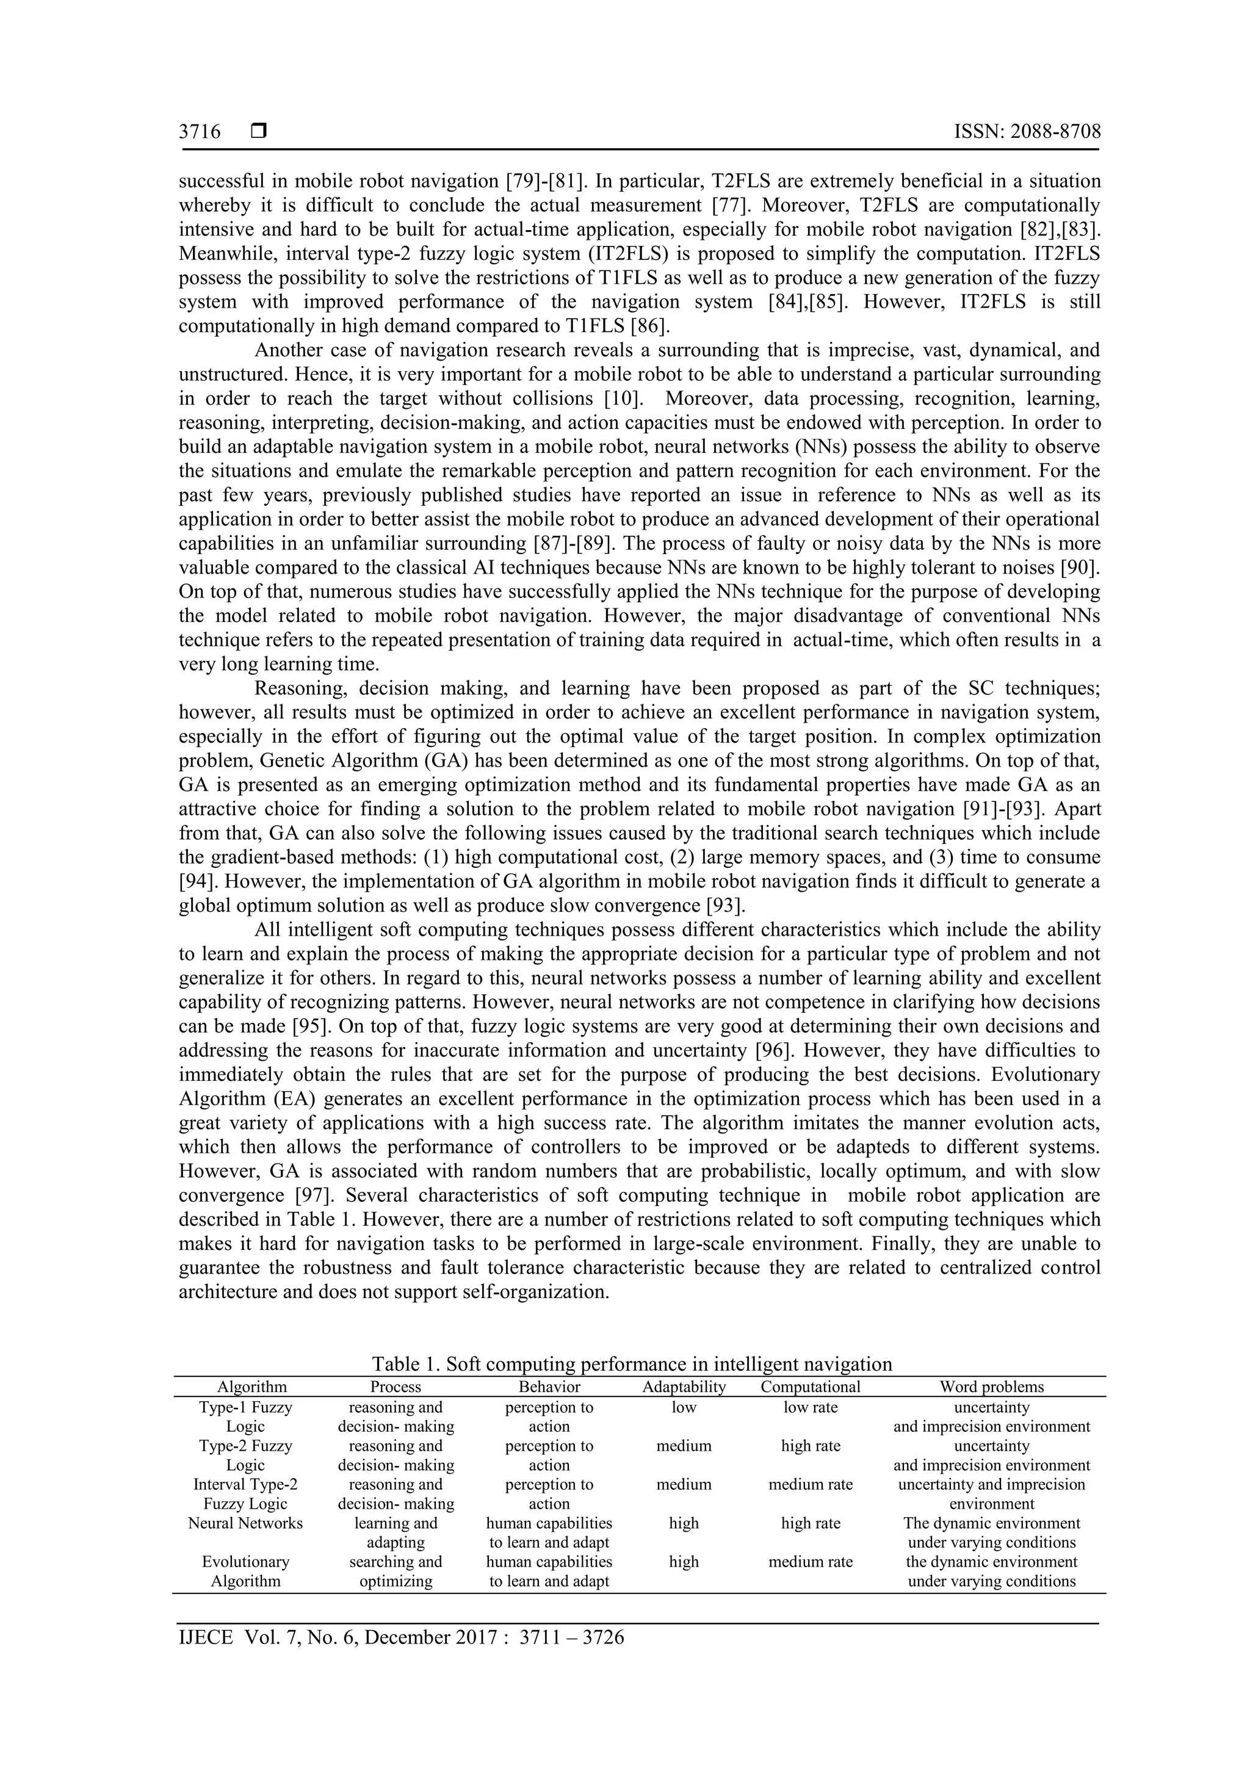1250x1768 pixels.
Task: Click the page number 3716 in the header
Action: click(200, 132)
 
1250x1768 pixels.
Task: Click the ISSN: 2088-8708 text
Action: click(1027, 132)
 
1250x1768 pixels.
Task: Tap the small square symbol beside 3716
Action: click(259, 132)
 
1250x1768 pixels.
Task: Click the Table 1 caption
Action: click(632, 1364)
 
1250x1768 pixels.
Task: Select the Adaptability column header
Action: click(684, 1387)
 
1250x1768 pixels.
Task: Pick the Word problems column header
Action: click(991, 1387)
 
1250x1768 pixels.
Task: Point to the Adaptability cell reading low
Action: click(684, 1407)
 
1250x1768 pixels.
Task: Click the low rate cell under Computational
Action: click(810, 1407)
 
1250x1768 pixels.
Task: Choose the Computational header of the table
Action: click(810, 1387)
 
